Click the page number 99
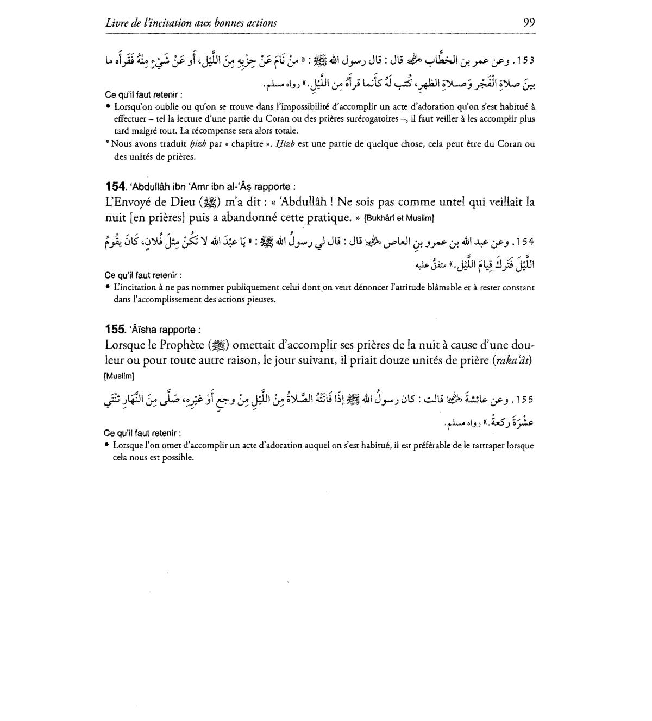point(529,22)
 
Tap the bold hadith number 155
point(115,330)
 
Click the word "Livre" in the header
point(117,23)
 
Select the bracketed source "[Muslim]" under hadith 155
point(119,376)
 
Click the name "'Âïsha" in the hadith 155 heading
point(143,330)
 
